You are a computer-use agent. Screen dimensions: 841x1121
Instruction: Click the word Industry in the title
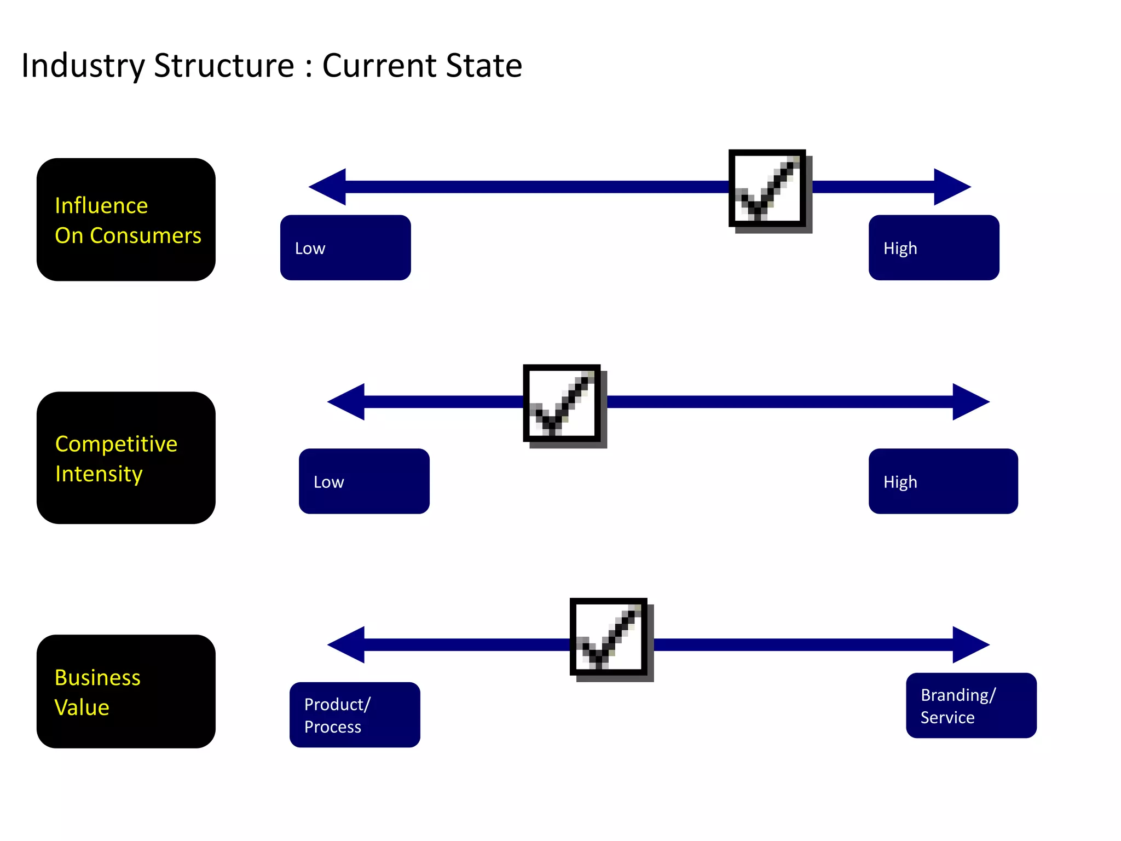(x=83, y=66)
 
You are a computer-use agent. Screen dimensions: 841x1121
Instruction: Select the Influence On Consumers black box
(x=126, y=220)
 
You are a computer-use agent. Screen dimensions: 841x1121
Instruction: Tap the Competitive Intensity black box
(x=126, y=458)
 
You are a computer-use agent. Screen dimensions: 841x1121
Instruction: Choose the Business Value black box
(x=126, y=692)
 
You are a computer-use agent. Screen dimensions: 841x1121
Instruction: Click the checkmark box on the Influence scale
(x=767, y=188)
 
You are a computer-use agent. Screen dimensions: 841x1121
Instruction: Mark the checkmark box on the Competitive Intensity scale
(x=562, y=403)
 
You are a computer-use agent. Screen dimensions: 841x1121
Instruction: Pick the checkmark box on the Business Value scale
(x=609, y=637)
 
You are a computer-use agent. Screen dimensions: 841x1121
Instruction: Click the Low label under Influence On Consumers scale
(x=345, y=247)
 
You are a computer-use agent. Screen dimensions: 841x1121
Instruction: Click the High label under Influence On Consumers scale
(x=934, y=247)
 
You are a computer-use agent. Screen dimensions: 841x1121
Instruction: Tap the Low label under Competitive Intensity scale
(x=364, y=481)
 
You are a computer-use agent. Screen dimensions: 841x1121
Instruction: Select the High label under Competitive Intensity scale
(x=943, y=481)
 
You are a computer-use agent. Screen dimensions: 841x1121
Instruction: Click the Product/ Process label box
(x=355, y=715)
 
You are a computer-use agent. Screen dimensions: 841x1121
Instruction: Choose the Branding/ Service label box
(x=971, y=705)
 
